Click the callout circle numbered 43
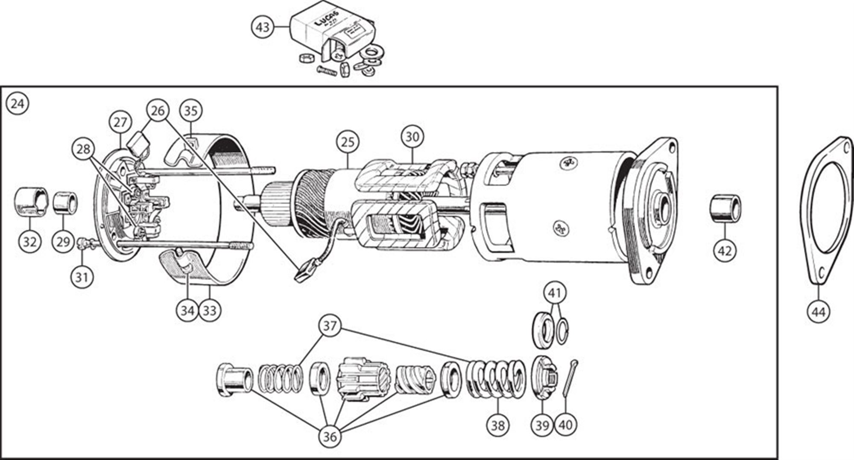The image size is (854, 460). [263, 27]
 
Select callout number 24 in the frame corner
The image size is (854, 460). [18, 104]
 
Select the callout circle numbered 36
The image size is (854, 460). [330, 436]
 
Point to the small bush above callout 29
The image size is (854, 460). [65, 202]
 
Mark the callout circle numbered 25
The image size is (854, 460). [348, 142]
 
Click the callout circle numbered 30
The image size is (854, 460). [412, 137]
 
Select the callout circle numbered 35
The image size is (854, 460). [190, 111]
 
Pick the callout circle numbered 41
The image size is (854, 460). [555, 293]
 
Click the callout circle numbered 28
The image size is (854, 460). [84, 149]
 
